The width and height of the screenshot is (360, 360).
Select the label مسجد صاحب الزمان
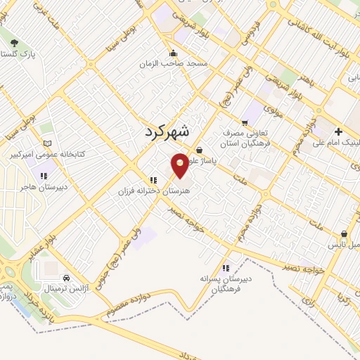[x=179, y=63]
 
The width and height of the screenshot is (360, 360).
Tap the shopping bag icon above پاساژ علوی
[x=200, y=149]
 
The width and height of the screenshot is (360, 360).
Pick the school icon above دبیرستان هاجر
[x=44, y=176]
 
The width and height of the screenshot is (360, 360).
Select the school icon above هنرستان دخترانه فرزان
[x=153, y=180]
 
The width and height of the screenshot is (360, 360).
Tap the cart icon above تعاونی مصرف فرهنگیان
[x=245, y=120]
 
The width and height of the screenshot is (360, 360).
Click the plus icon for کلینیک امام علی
[x=338, y=131]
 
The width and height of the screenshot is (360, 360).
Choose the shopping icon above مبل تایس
[x=344, y=233]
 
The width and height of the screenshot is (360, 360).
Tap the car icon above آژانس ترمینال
[x=65, y=278]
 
